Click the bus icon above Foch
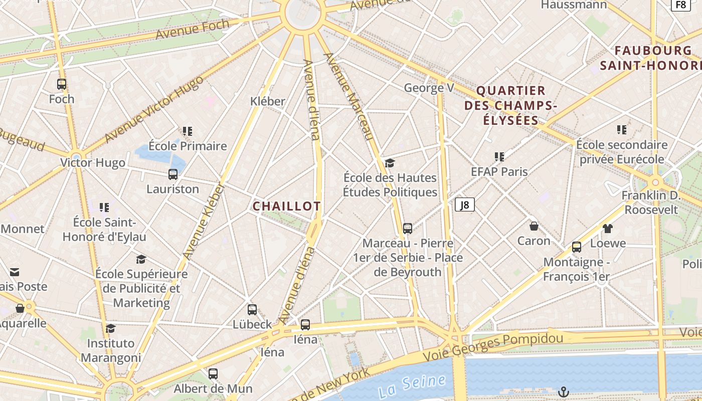(62, 84)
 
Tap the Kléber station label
(268, 101)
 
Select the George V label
(429, 88)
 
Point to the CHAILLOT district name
(286, 206)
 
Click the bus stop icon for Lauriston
(173, 174)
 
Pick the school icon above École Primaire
(188, 131)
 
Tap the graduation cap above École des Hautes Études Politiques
(390, 163)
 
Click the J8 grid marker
(465, 205)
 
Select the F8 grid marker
(680, 5)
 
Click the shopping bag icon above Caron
(534, 226)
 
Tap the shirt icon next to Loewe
(608, 229)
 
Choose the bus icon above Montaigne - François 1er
(577, 247)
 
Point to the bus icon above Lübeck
(252, 310)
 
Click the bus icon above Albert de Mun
(213, 373)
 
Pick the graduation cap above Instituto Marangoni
(110, 328)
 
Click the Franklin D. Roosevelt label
(650, 202)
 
